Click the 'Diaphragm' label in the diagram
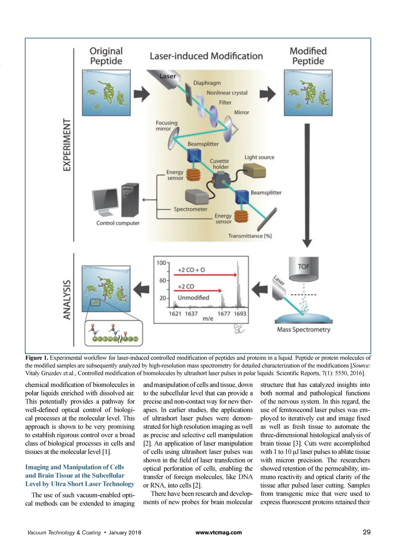coord(207,83)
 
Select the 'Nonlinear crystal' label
coord(227,93)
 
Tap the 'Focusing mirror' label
coord(166,125)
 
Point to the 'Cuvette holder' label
coord(219,164)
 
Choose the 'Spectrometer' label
coord(190,209)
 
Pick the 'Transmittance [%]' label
coord(250,236)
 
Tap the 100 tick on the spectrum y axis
coord(161,263)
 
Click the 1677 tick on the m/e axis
coord(224,313)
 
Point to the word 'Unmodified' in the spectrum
coord(193,297)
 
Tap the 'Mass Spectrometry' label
coord(303,329)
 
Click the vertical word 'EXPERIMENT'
coord(67,145)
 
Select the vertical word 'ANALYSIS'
coord(67,299)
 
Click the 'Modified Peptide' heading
coord(308,56)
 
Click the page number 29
coord(367,532)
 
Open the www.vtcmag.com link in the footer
coord(218,532)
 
